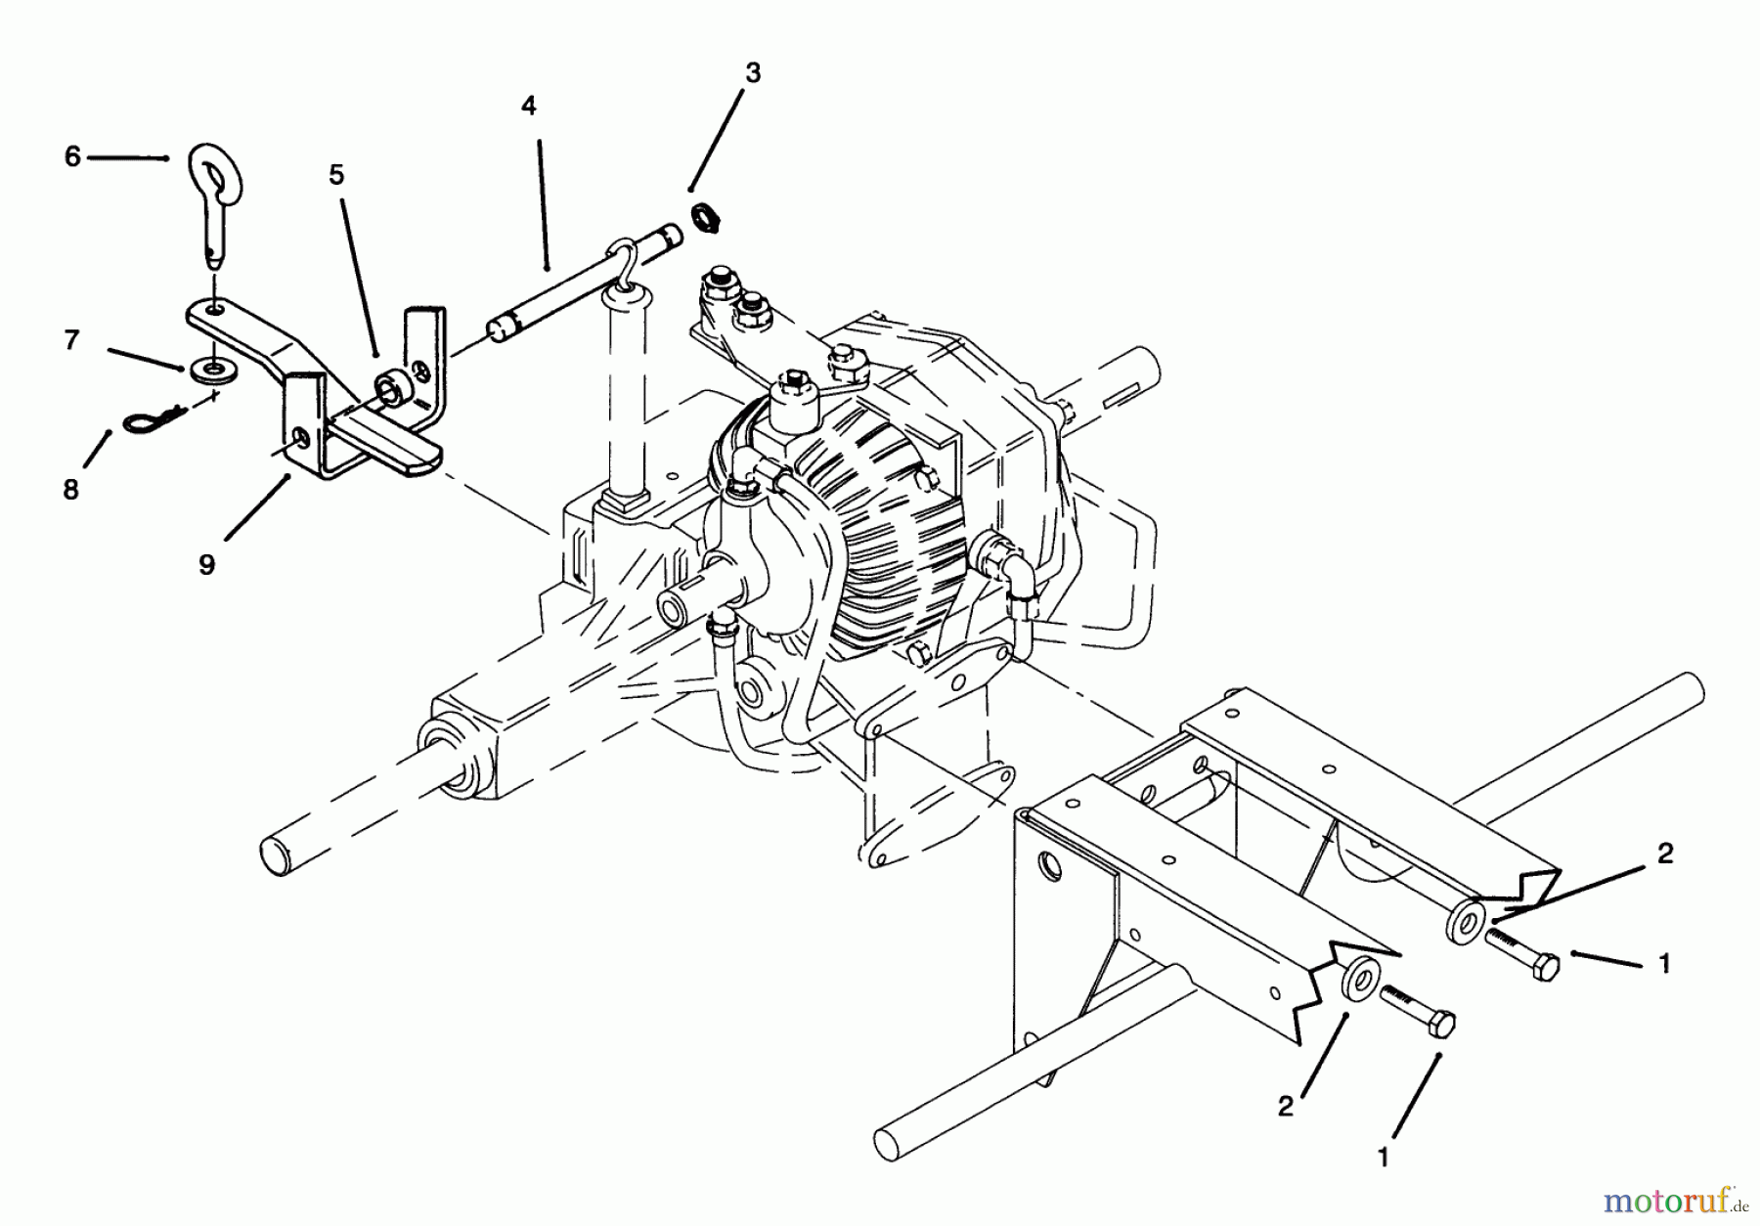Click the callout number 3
751,72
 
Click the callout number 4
529,107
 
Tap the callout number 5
336,175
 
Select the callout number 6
72,156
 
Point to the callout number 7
71,340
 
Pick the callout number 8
70,489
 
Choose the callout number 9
206,565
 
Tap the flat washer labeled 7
204,370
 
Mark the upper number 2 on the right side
1665,854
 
